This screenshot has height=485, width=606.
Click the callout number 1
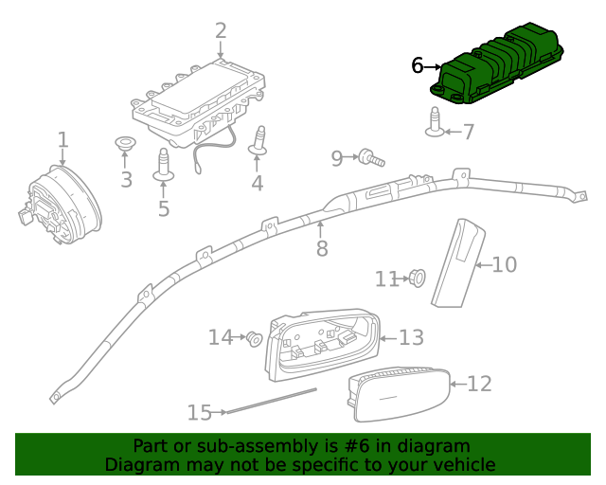pyautogui.click(x=62, y=141)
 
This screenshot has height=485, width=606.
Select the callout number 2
pyautogui.click(x=221, y=30)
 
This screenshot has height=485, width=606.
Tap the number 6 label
pyautogui.click(x=418, y=65)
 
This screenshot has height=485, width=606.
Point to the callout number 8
pyautogui.click(x=322, y=248)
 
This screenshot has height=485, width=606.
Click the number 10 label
pyautogui.click(x=505, y=264)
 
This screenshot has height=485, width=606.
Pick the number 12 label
pyautogui.click(x=480, y=384)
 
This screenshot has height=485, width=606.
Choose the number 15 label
pyautogui.click(x=199, y=412)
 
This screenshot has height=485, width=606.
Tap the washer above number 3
pyautogui.click(x=124, y=143)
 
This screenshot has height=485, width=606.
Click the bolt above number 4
pyautogui.click(x=257, y=143)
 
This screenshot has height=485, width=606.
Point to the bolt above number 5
pyautogui.click(x=163, y=165)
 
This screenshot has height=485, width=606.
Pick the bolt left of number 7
pyautogui.click(x=435, y=124)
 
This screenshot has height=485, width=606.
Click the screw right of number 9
pyautogui.click(x=370, y=157)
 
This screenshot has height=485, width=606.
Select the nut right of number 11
pyautogui.click(x=417, y=278)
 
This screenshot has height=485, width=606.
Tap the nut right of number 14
pyautogui.click(x=253, y=338)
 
